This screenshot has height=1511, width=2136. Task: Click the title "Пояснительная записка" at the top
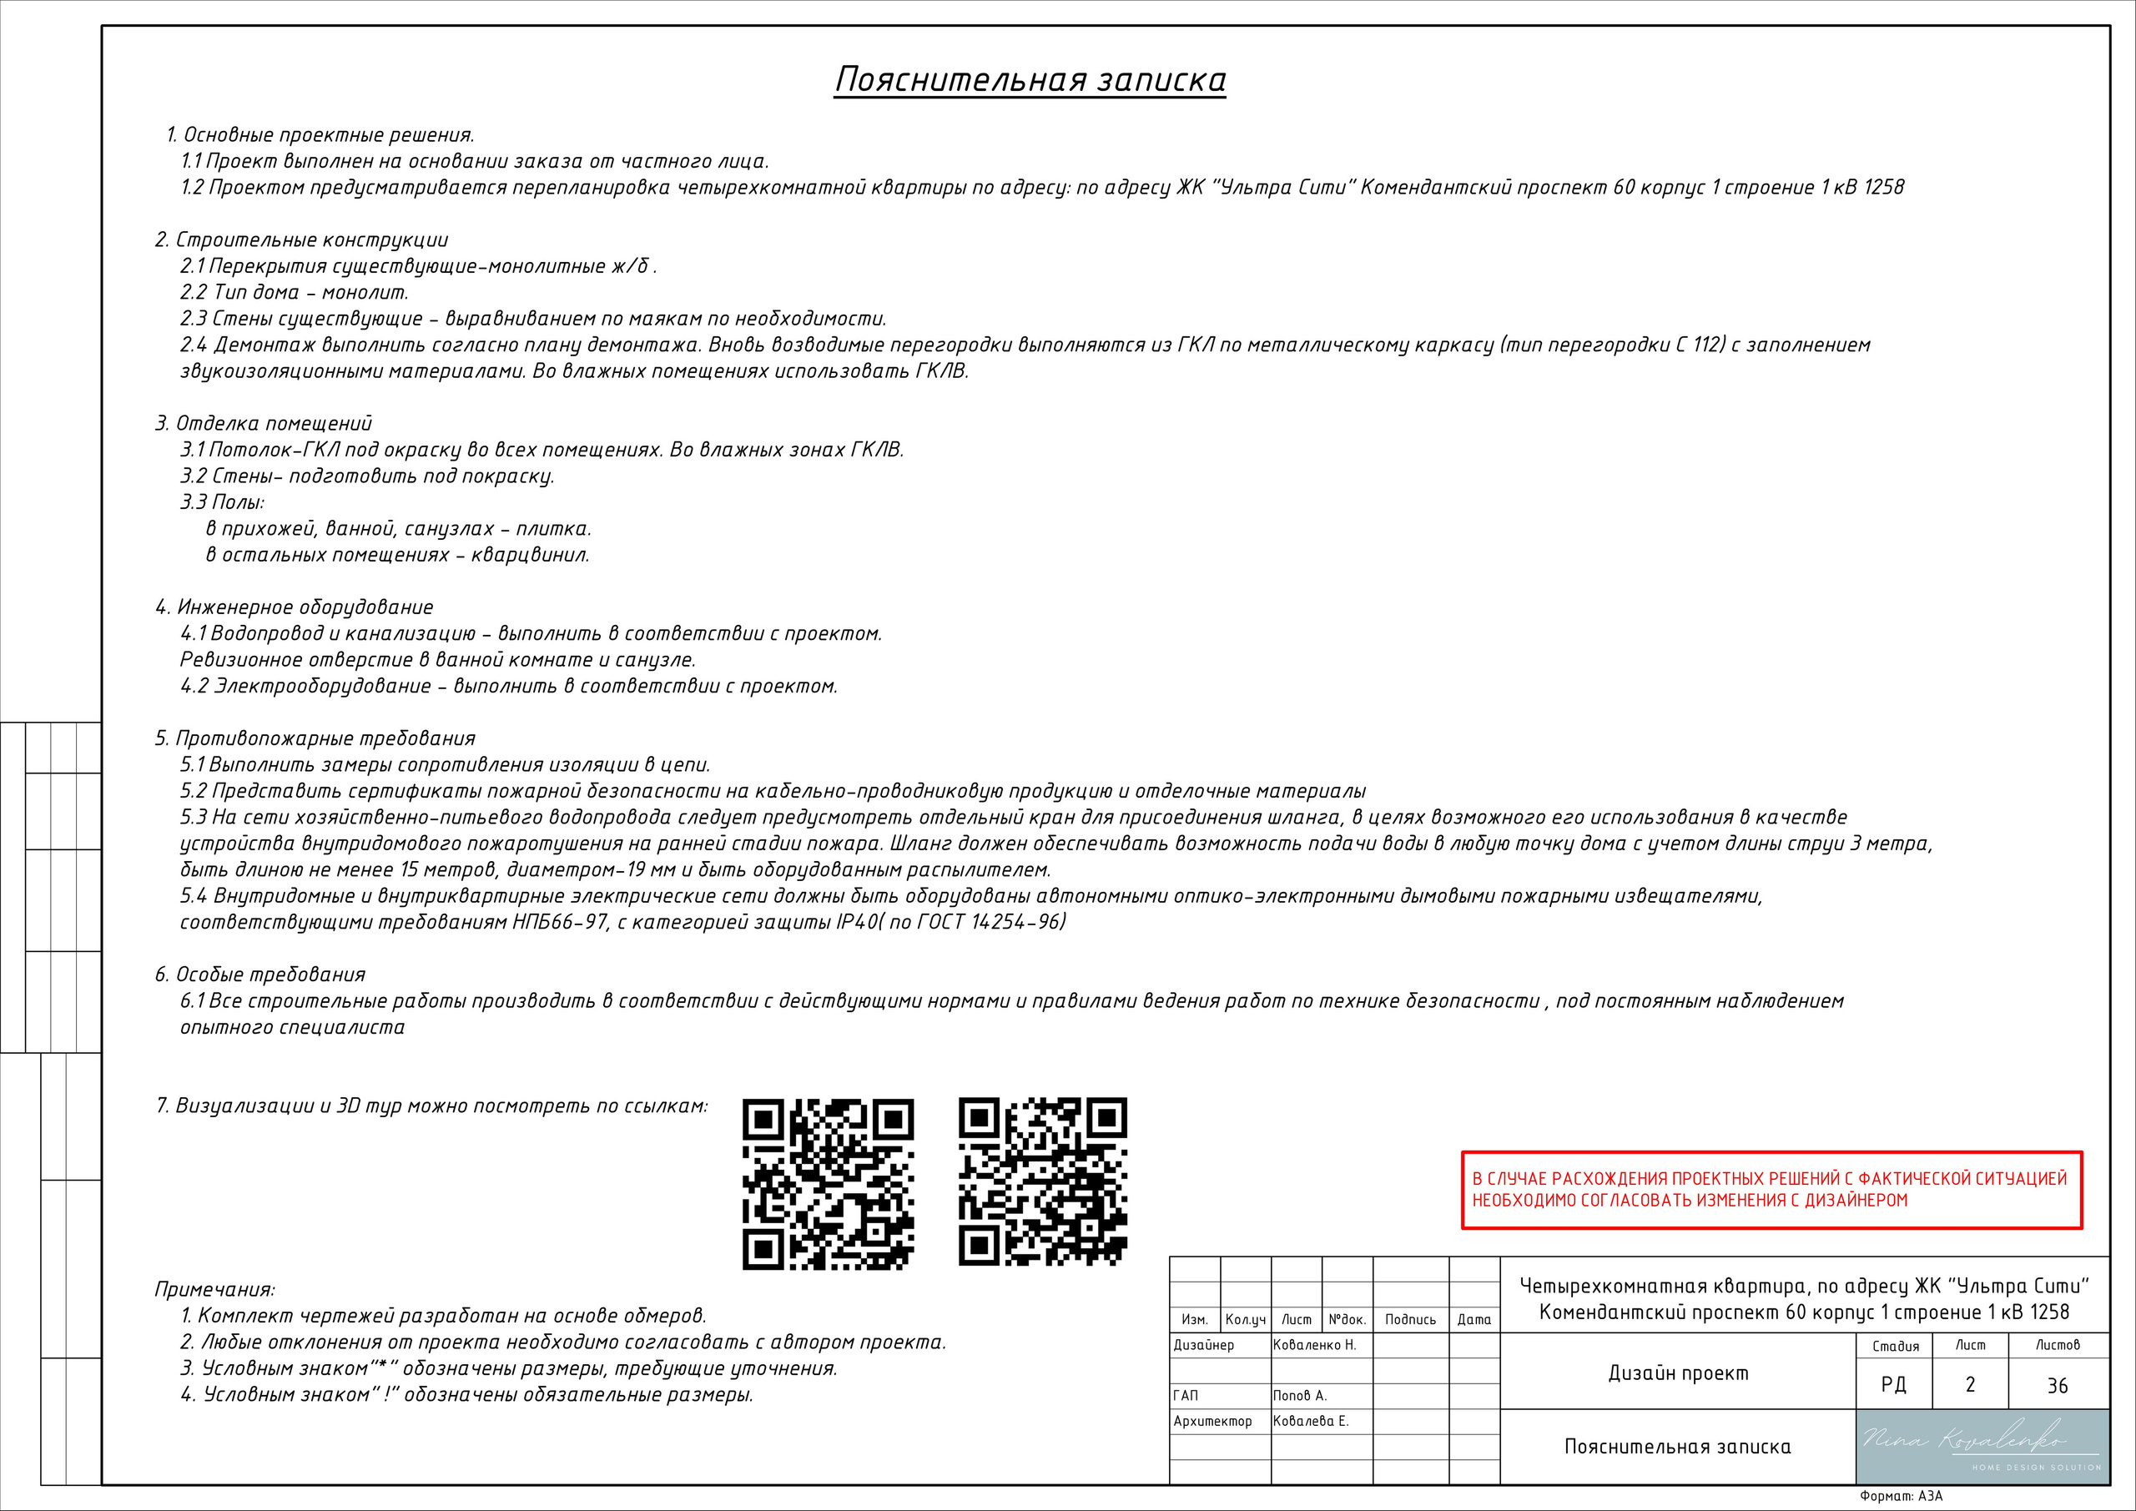pos(1030,80)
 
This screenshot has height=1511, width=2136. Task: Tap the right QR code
pos(1043,1181)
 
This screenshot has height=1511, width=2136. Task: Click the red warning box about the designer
pos(1771,1190)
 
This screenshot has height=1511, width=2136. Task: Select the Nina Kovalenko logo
pos(1982,1446)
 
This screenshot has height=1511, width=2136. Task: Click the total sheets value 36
pos(2057,1385)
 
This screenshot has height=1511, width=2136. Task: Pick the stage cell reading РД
pos(1893,1384)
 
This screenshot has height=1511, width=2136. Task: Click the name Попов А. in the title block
pos(1300,1396)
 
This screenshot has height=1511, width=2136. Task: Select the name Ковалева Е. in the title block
pos(1310,1421)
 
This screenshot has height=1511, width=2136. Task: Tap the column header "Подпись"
pos(1409,1319)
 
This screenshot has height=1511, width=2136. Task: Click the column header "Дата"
pos(1474,1319)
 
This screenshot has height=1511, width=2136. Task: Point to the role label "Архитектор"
pos(1212,1421)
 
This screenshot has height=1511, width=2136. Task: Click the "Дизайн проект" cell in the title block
pos(1678,1372)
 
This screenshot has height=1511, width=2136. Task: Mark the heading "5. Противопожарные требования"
pos(315,738)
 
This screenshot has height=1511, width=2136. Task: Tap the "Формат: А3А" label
pos(1901,1496)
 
